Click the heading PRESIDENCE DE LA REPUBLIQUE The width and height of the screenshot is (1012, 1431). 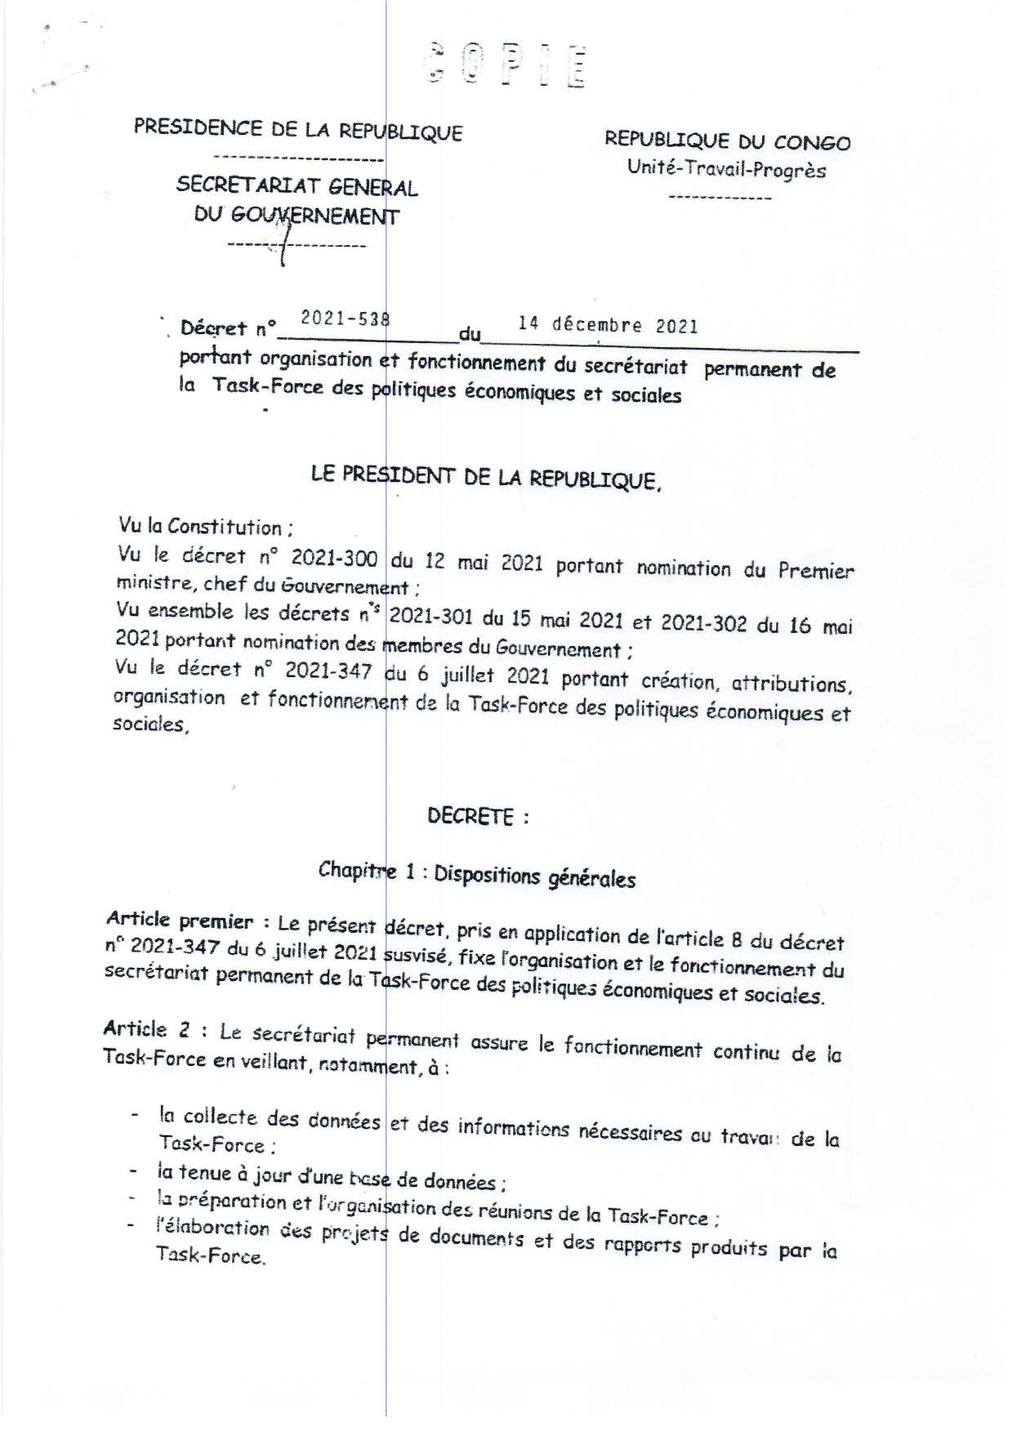click(x=298, y=130)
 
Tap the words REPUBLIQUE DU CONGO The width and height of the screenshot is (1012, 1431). click(x=727, y=140)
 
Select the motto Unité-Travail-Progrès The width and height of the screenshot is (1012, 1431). click(x=726, y=170)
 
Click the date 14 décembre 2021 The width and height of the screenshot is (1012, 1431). click(x=608, y=325)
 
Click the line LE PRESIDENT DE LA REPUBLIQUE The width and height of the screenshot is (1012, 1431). click(x=485, y=477)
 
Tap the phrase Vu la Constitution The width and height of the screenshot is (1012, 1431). click(x=201, y=527)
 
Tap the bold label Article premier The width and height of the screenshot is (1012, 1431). click(x=181, y=921)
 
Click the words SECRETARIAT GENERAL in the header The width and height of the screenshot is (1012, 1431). click(x=297, y=185)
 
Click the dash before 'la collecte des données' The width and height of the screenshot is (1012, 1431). click(x=134, y=1115)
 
